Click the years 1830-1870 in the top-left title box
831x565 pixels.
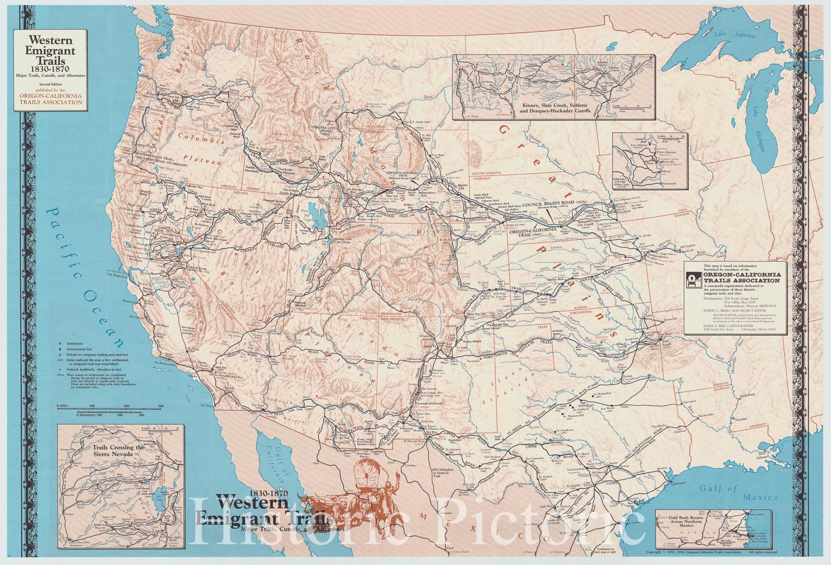(x=50, y=69)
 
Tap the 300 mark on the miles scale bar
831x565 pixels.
(x=160, y=406)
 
